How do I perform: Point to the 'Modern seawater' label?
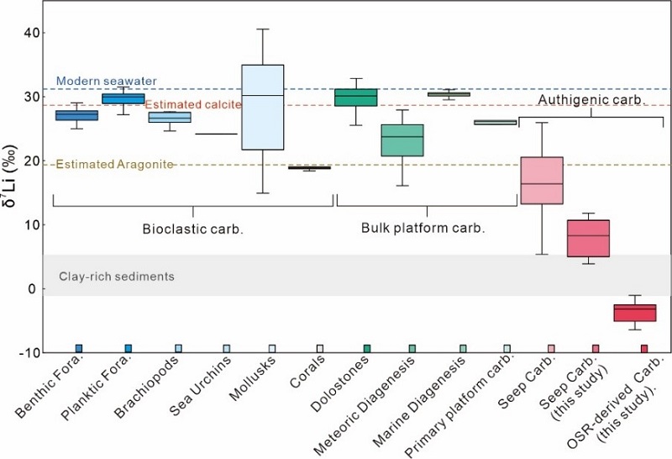point(95,82)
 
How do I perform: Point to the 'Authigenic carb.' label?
point(591,99)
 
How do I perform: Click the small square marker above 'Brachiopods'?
point(178,348)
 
